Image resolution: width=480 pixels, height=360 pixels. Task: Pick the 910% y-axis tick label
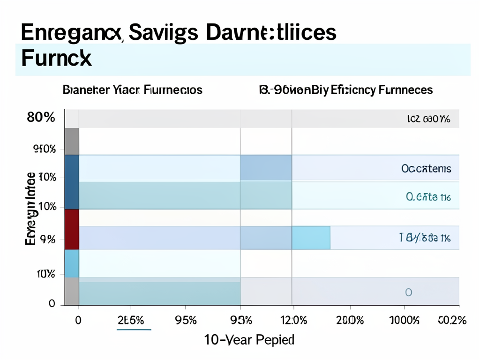[x=45, y=150]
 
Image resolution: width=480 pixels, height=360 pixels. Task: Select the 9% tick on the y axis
[x=48, y=240]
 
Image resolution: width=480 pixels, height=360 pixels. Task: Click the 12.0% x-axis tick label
[x=293, y=321]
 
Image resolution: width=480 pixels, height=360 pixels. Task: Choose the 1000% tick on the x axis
[x=404, y=321]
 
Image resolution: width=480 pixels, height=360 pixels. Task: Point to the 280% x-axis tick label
[x=350, y=321]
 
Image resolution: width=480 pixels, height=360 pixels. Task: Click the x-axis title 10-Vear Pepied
[x=249, y=339]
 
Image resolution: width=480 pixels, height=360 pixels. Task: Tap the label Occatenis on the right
[x=426, y=168]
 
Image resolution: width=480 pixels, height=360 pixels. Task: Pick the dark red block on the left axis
[x=71, y=229]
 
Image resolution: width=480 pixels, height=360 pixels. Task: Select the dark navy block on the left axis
[x=71, y=181]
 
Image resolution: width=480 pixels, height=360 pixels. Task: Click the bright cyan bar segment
[x=311, y=237]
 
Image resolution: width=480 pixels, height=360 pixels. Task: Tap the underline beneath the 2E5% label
[x=134, y=329]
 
